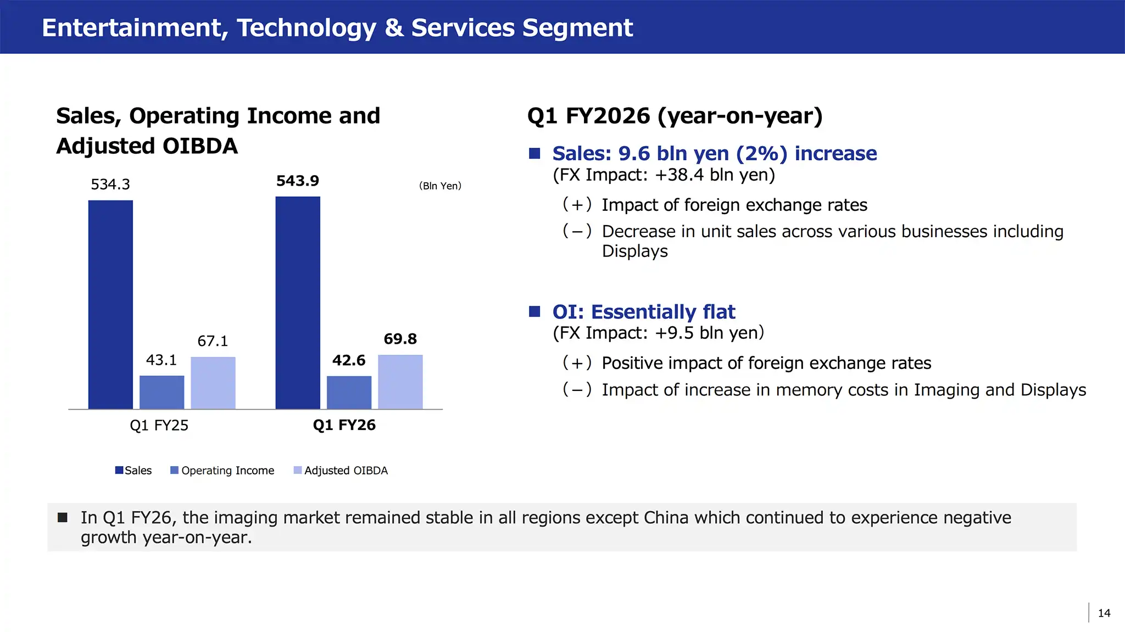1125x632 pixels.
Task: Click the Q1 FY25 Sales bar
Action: (110, 305)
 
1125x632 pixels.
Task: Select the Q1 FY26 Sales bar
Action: (298, 303)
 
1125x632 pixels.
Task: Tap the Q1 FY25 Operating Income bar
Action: (162, 393)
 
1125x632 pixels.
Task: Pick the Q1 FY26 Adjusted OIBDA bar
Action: (400, 382)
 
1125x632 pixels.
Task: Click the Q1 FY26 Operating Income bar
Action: (349, 393)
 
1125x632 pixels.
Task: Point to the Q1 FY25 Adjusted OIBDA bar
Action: (213, 383)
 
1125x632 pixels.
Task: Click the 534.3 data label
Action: (110, 184)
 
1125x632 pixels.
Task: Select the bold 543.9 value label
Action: (298, 181)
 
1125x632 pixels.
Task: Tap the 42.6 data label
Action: (349, 360)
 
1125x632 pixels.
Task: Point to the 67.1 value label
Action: (213, 341)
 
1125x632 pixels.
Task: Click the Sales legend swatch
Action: (119, 470)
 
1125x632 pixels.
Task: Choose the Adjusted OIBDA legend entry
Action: (341, 471)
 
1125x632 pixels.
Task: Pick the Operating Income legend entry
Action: (222, 471)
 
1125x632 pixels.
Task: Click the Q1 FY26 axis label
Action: (344, 425)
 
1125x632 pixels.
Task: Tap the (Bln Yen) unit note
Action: (440, 186)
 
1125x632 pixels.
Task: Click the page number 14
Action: (1104, 613)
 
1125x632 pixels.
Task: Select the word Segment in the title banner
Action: (578, 28)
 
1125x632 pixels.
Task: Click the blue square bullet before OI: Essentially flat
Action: (534, 312)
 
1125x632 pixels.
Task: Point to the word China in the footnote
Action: (666, 517)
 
